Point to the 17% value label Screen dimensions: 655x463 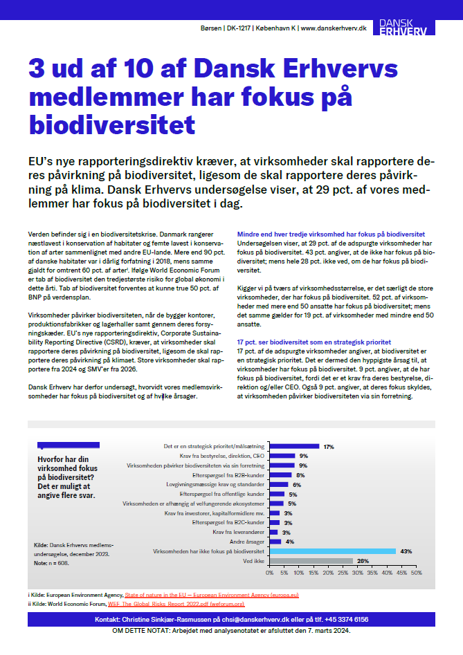[x=329, y=447]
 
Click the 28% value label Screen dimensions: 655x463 [x=361, y=561]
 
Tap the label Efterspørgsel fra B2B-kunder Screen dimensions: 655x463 [x=228, y=475]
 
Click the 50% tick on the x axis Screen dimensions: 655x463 [x=417, y=573]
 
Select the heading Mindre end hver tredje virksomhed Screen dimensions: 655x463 [x=331, y=234]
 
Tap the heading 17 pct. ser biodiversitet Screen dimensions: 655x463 [x=314, y=342]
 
